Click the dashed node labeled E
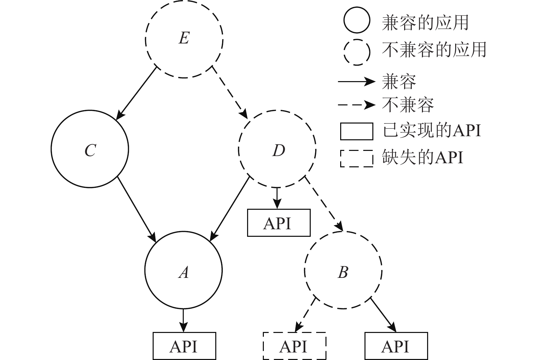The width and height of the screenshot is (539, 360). (184, 39)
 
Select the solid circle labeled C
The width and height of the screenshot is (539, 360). (90, 149)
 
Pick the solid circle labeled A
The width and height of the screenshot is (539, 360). (184, 270)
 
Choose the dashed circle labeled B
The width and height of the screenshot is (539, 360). (343, 271)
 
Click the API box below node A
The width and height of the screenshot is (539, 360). (184, 346)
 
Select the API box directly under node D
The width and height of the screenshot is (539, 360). (279, 223)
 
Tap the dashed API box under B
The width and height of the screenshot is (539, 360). (294, 346)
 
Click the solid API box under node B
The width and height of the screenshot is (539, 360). (396, 346)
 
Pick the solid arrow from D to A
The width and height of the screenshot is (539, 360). (230, 209)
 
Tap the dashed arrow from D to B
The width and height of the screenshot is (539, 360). (323, 204)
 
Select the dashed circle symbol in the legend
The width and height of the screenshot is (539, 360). (357, 52)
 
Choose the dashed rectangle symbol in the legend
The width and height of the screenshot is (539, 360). (357, 158)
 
